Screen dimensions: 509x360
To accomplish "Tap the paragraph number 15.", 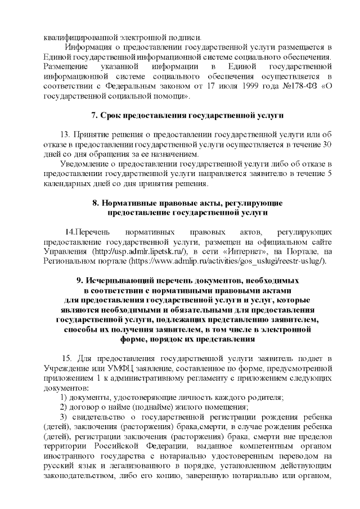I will coord(66,358).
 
